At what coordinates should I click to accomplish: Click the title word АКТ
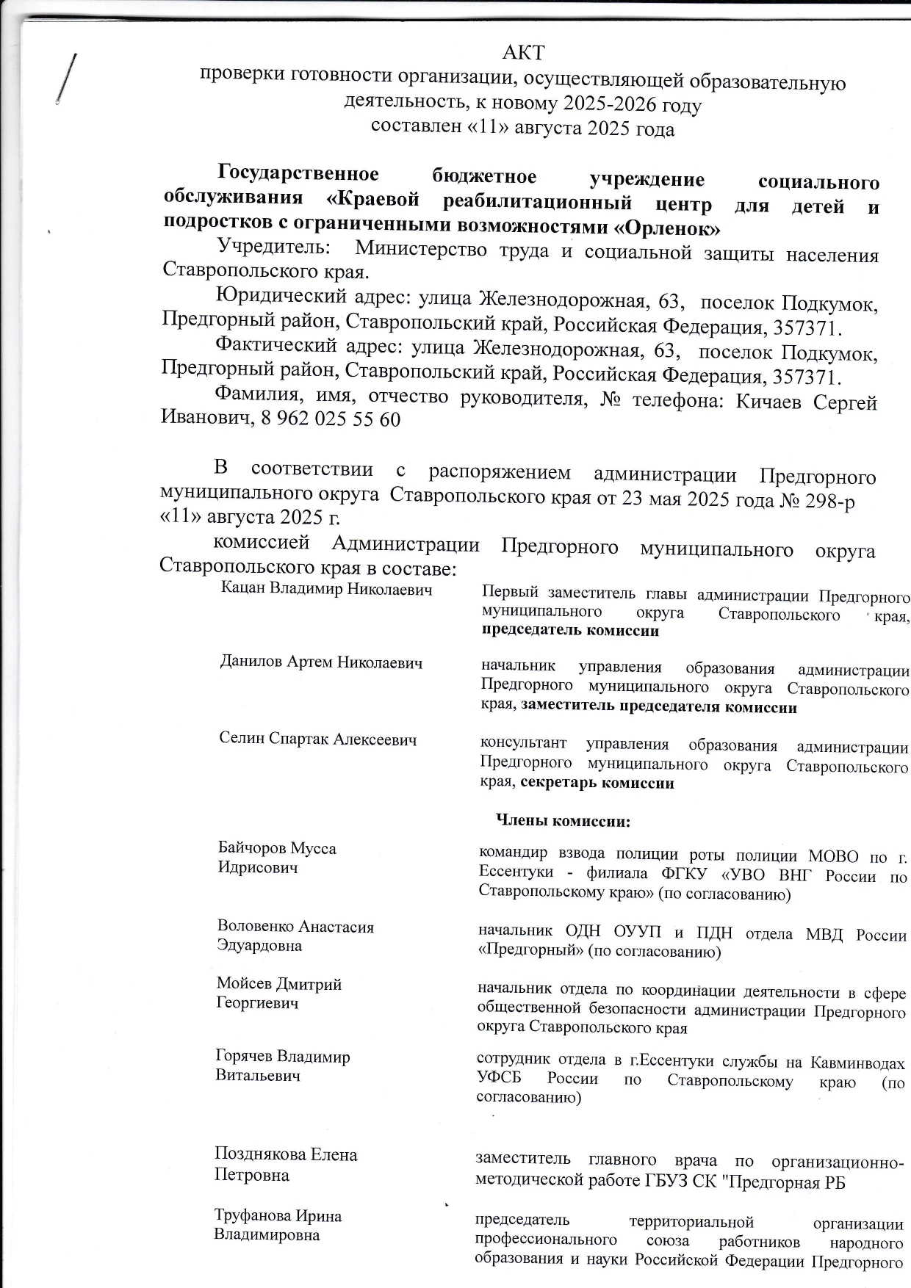coord(524,53)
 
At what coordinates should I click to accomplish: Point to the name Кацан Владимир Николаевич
coord(326,589)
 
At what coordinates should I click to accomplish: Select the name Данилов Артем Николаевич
coord(321,662)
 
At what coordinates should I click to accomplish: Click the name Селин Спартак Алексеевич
coord(317,739)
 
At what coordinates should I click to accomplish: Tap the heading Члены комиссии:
coord(563,821)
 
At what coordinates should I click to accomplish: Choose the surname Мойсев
coord(245,984)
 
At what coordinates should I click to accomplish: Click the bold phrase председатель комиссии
coord(570,630)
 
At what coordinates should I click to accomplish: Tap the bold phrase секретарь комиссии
coord(597,783)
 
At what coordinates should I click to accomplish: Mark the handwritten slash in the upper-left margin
coord(65,79)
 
